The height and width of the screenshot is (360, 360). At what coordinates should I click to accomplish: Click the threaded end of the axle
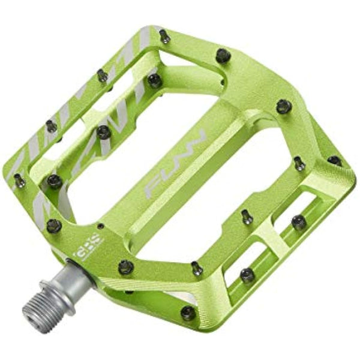35,307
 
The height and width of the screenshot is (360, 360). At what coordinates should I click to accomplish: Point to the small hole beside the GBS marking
100,227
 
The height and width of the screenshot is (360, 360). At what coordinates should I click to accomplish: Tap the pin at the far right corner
334,161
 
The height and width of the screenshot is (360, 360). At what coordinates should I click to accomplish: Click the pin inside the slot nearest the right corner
299,222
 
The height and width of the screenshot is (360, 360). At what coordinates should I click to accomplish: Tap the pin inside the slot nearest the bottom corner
247,275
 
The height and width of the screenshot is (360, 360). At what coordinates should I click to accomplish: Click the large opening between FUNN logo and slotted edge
240,180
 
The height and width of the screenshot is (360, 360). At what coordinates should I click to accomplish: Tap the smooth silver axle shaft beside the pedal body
78,275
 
